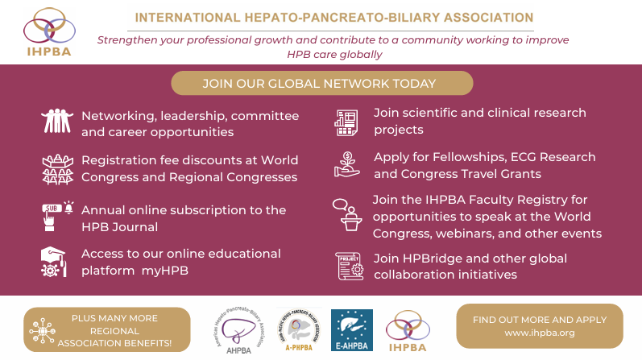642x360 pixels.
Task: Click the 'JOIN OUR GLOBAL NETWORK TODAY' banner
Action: (x=320, y=84)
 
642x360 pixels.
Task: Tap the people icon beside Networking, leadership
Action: (x=56, y=122)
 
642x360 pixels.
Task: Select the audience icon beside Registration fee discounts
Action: (x=56, y=168)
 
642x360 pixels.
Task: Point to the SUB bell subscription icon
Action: (x=56, y=217)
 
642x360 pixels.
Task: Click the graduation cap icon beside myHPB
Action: (x=55, y=262)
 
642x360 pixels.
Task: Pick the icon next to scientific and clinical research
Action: (x=347, y=122)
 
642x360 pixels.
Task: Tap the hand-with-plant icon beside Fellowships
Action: (x=347, y=164)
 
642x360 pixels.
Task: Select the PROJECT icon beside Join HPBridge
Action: (x=347, y=266)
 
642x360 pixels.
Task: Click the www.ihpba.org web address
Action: (x=540, y=333)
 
